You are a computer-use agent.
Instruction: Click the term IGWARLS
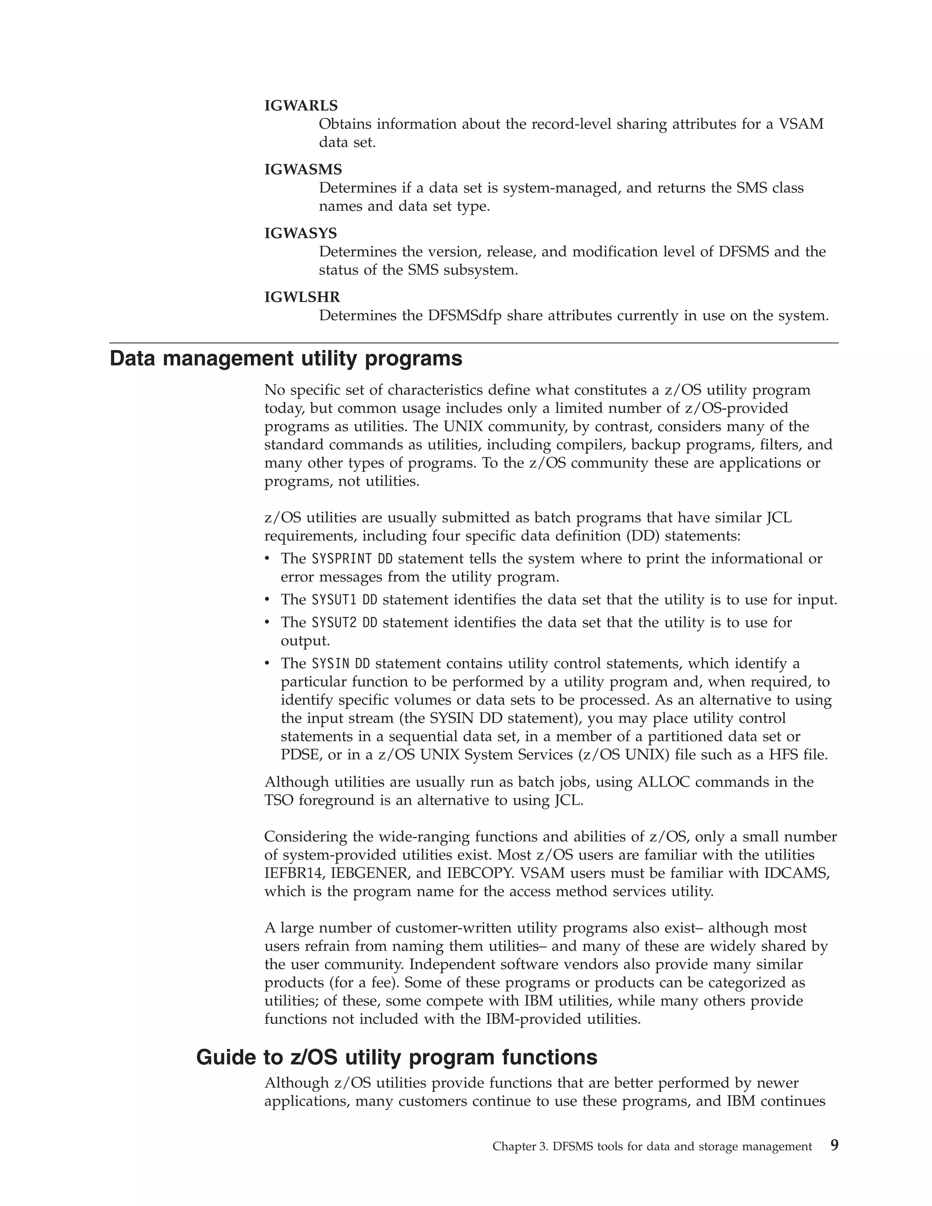point(301,106)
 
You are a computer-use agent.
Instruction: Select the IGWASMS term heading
point(303,170)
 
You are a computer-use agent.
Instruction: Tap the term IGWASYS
point(300,233)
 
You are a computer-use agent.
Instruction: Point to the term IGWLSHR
point(302,298)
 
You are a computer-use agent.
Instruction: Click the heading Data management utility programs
point(286,359)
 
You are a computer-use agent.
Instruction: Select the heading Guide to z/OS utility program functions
point(396,1057)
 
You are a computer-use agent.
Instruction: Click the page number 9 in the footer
point(834,1146)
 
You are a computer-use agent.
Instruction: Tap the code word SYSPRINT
point(342,559)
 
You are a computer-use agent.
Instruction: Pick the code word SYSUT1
point(334,600)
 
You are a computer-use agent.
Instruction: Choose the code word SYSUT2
point(334,622)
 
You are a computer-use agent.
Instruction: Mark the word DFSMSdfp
point(464,316)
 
